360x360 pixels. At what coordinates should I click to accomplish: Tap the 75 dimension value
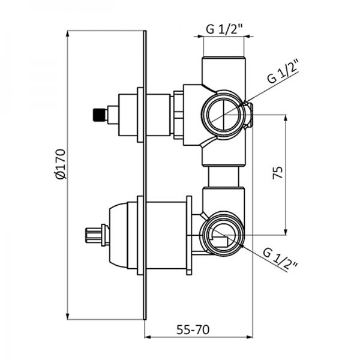pos(277,173)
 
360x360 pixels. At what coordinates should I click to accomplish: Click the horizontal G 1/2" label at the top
pos(223,28)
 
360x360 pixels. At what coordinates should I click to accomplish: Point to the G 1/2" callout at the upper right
pos(283,73)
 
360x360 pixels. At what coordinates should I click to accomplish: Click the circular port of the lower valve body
pos(223,231)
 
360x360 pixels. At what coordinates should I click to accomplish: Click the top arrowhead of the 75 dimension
pos(287,116)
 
